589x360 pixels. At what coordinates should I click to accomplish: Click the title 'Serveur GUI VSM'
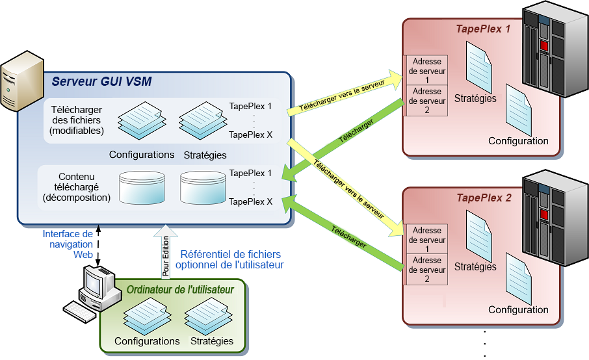click(102, 81)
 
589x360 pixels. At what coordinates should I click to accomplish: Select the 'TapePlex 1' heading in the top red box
click(483, 29)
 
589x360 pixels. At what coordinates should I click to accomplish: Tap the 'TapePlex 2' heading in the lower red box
click(484, 198)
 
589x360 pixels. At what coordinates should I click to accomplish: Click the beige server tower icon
click(22, 81)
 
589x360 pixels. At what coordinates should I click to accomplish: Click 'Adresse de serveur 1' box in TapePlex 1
click(426, 70)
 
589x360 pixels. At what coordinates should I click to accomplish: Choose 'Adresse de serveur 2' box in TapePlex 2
click(426, 270)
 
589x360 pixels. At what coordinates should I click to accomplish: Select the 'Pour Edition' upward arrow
click(165, 251)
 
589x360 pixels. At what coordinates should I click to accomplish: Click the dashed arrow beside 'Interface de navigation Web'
click(98, 246)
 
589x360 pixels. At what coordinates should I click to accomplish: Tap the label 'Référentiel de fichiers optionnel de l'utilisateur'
click(230, 259)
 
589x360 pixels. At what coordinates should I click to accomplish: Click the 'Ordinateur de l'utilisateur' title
click(180, 290)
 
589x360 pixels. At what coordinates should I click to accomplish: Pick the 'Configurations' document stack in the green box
click(147, 316)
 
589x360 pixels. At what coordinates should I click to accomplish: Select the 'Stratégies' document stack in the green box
click(208, 316)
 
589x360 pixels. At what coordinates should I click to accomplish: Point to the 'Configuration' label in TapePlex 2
click(518, 310)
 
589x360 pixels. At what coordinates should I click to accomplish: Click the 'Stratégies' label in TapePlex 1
click(475, 98)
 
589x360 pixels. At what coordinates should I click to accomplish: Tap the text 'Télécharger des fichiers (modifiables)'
click(77, 120)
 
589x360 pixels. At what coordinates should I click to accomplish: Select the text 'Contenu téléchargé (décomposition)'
click(77, 187)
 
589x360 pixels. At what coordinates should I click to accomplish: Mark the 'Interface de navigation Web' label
click(68, 244)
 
